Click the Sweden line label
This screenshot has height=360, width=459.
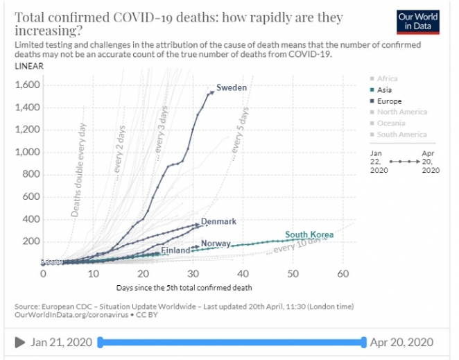[232, 87]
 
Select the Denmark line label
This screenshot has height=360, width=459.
[218, 221]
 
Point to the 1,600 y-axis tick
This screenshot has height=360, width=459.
[26, 85]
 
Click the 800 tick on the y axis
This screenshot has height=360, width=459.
[31, 175]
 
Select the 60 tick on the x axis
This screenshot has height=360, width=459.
[343, 274]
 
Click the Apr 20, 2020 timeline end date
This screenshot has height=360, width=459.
[402, 342]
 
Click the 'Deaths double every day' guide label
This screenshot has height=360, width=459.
[78, 171]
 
